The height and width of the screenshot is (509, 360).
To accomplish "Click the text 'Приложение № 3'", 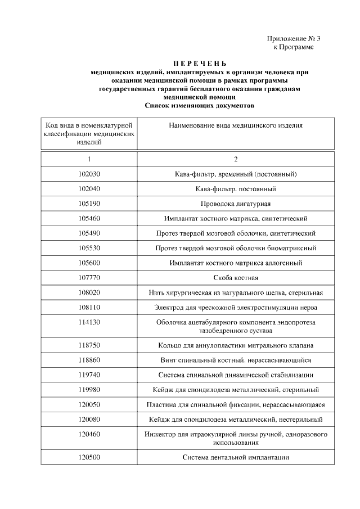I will tap(293, 39).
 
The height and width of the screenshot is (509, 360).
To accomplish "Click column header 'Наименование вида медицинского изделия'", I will tap(236, 125).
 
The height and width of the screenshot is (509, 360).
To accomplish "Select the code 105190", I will tap(89, 203).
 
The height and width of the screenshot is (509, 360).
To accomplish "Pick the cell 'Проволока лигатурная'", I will tap(236, 203).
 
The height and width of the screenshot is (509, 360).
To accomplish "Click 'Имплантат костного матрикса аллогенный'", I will tap(236, 263).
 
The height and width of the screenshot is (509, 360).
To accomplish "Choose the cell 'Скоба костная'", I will tap(236, 277).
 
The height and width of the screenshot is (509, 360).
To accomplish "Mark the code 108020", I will tap(89, 292).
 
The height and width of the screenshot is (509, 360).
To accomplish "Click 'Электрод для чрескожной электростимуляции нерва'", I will tap(236, 307).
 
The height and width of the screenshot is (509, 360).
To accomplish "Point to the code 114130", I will tap(89, 322).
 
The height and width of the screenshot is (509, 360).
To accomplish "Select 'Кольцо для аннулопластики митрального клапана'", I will tap(236, 345).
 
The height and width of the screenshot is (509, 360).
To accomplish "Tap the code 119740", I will tap(89, 375).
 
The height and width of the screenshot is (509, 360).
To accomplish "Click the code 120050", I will tap(89, 404).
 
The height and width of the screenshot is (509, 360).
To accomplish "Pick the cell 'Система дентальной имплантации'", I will tap(236, 457).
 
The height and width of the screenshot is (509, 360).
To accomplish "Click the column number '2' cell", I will tap(236, 159).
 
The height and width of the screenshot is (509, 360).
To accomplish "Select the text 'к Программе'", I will tap(293, 47).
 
